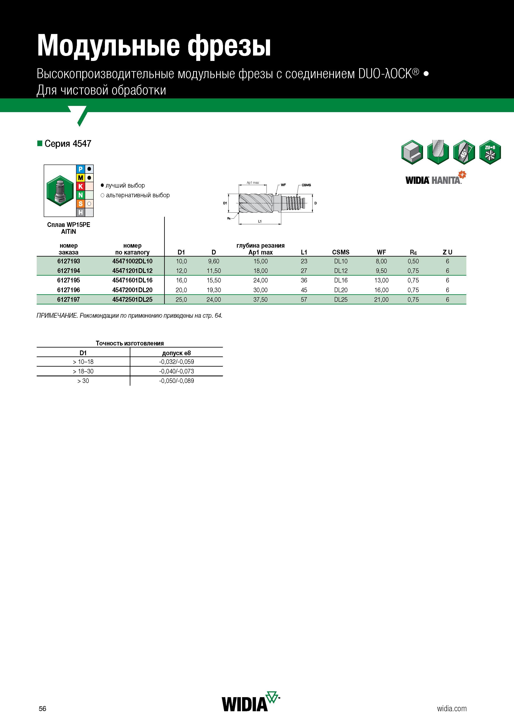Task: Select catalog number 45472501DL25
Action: coord(132,299)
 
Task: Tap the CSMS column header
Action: coord(341,252)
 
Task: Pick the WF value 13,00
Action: coord(381,280)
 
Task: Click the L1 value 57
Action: coord(304,299)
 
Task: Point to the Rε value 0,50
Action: coord(413,261)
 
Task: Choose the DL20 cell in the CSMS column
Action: coord(341,290)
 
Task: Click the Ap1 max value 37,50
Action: coord(260,299)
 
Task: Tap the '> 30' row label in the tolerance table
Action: coord(83,381)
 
